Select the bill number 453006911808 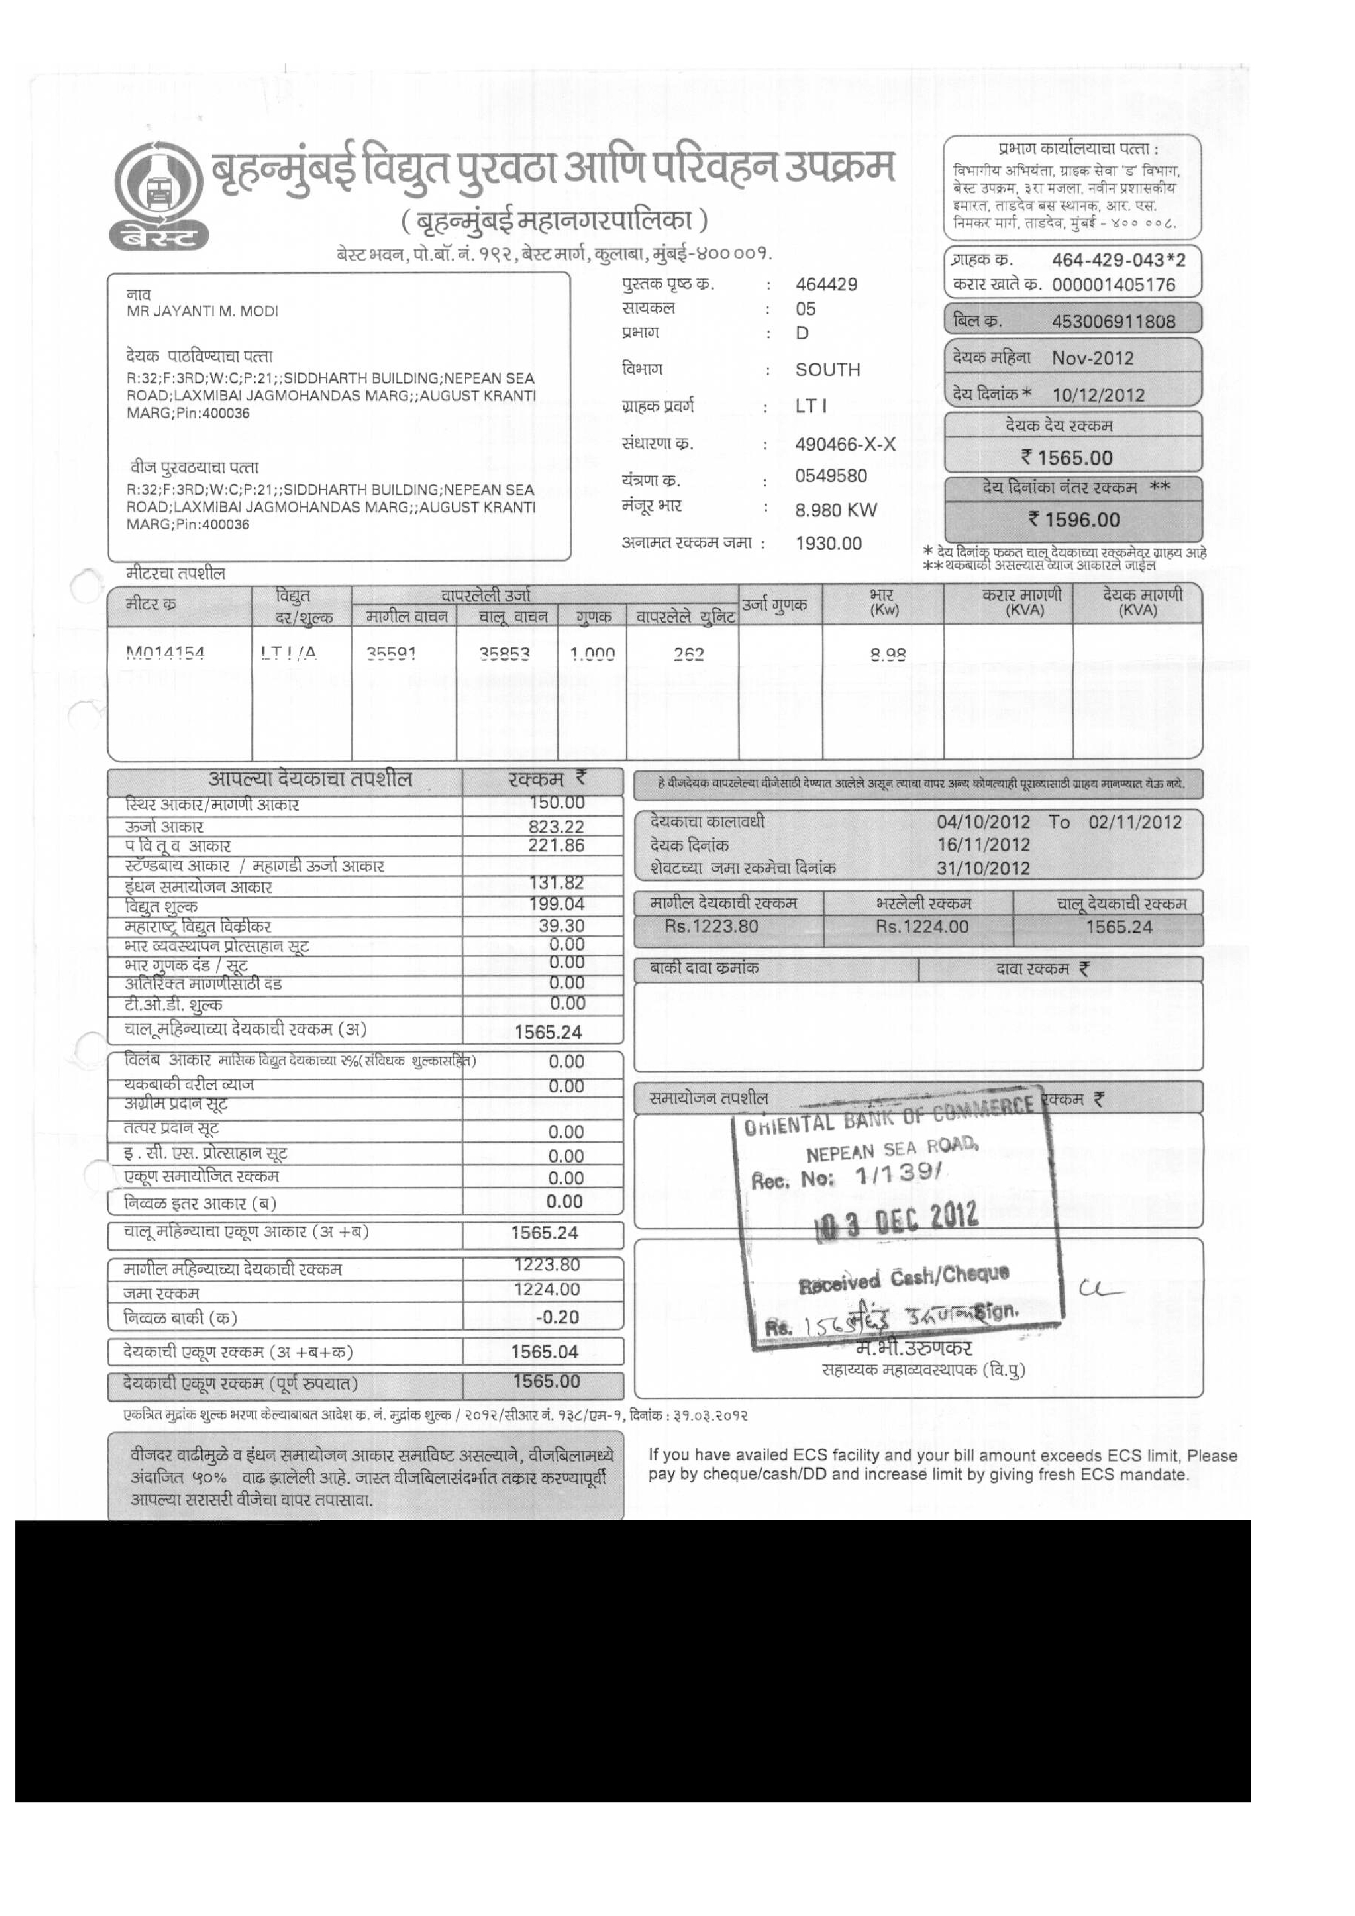coord(1113,321)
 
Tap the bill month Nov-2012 coord(1092,359)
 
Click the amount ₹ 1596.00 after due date coord(1074,520)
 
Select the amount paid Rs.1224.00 coord(921,926)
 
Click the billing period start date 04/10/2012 coord(983,822)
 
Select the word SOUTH coord(827,370)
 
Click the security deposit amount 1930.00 coord(828,543)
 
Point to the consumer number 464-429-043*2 coord(1118,260)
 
